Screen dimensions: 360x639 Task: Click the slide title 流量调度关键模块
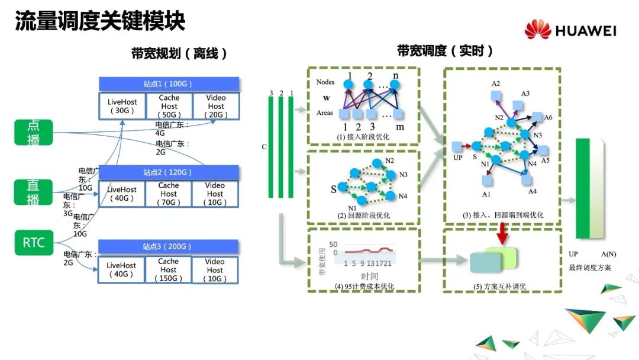100,21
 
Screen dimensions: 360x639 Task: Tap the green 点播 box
34,132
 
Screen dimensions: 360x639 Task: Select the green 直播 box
34,192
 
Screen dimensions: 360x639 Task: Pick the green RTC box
34,243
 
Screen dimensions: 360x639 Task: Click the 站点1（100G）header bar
169,83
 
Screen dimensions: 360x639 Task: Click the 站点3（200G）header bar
168,246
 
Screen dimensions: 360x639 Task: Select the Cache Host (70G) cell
168,194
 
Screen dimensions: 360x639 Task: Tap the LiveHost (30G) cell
122,106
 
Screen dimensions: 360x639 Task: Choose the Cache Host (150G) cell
168,269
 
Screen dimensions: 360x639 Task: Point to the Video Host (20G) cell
216,106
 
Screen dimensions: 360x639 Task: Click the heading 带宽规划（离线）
179,54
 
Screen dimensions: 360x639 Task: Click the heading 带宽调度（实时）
445,51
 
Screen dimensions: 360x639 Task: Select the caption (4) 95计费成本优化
363,287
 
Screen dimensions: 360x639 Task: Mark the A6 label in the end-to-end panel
548,117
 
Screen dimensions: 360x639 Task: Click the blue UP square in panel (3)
456,146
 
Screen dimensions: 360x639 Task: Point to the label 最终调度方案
590,268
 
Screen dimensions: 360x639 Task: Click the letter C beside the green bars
263,146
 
